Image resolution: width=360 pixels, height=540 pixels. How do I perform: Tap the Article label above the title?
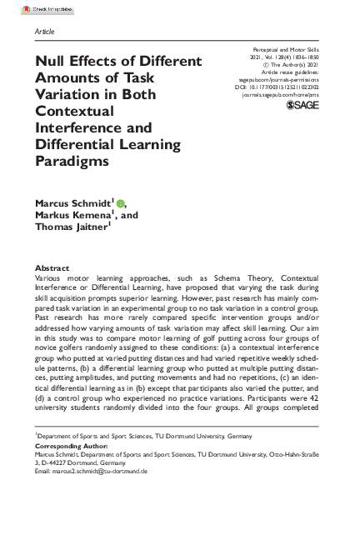point(45,31)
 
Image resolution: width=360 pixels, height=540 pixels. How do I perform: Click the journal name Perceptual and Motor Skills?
point(293,52)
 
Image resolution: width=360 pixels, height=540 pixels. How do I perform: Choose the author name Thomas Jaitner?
point(70,227)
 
